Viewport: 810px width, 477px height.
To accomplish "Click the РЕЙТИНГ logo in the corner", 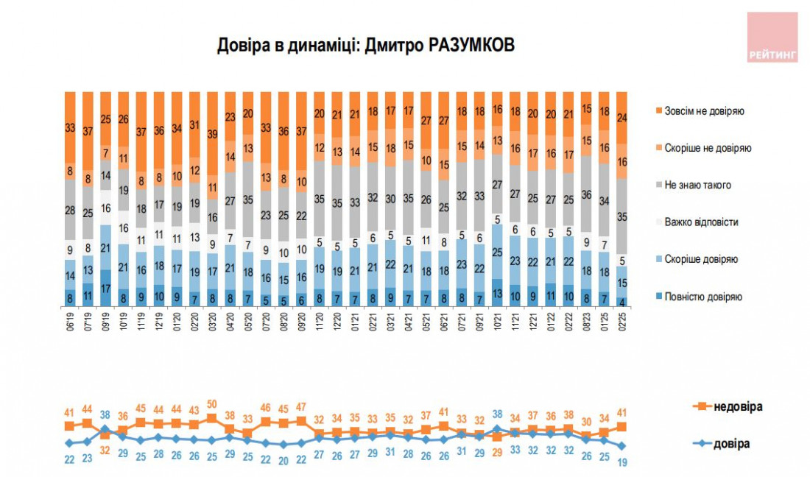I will click(x=772, y=37).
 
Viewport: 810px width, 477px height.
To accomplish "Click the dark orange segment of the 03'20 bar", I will click(x=212, y=132).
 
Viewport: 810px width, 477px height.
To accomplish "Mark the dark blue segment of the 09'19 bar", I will click(x=106, y=289).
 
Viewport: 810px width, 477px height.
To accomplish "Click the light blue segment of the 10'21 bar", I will click(x=497, y=252).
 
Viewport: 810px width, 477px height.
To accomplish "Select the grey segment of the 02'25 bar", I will click(x=622, y=216).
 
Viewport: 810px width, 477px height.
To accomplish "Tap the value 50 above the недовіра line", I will click(x=212, y=404).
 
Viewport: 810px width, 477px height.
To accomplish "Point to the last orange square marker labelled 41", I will click(x=623, y=426).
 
